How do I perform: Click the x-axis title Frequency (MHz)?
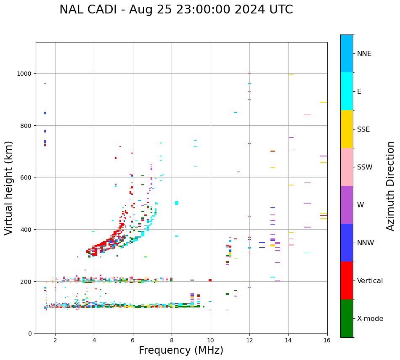181,350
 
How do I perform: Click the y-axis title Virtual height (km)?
9,188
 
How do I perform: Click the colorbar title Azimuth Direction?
391,186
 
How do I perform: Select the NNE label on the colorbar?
364,53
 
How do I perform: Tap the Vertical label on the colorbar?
370,281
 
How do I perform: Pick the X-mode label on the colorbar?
370,318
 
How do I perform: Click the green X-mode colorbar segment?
347,318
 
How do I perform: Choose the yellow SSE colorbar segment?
347,129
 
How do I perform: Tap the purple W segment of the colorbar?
347,205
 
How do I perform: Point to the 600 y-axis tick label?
26,177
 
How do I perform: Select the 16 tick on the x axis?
327,341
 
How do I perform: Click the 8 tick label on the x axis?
172,341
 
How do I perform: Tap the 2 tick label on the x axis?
55,341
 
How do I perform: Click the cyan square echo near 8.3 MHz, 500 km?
177,203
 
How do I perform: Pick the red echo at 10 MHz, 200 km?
210,280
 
